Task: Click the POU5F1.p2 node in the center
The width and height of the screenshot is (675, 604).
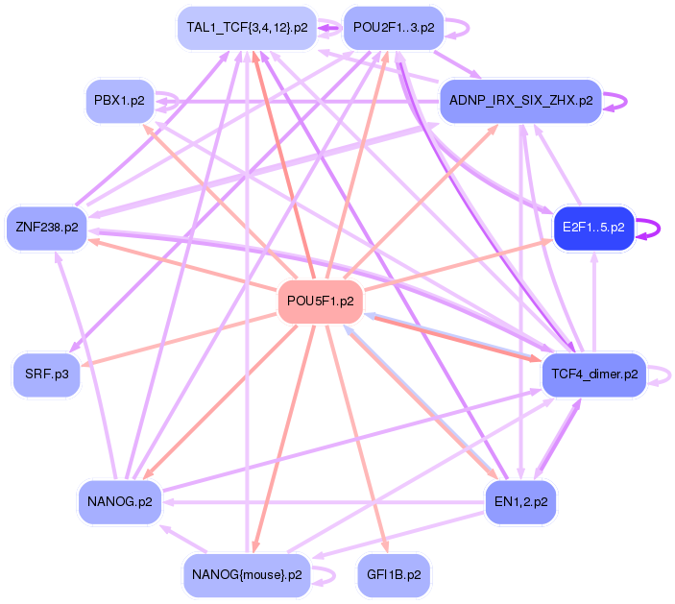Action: pyautogui.click(x=321, y=302)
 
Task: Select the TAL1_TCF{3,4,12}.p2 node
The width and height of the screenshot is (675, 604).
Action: pyautogui.click(x=247, y=28)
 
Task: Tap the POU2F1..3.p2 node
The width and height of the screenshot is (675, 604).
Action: pyautogui.click(x=393, y=28)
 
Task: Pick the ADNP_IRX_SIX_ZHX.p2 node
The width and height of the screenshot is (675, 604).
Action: pyautogui.click(x=519, y=100)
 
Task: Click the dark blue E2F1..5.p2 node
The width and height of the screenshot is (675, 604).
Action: pyautogui.click(x=592, y=228)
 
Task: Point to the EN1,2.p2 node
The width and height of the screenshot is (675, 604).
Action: pyautogui.click(x=520, y=501)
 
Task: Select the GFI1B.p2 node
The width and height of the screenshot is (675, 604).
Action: pyautogui.click(x=394, y=574)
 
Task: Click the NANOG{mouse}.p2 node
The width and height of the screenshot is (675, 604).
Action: pyautogui.click(x=247, y=574)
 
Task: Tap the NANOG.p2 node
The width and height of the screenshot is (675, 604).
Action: pyautogui.click(x=120, y=501)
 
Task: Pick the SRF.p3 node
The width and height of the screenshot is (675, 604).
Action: pyautogui.click(x=47, y=374)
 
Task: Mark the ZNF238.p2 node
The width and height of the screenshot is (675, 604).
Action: pyautogui.click(x=47, y=228)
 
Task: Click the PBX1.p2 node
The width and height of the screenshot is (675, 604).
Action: pyautogui.click(x=120, y=100)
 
